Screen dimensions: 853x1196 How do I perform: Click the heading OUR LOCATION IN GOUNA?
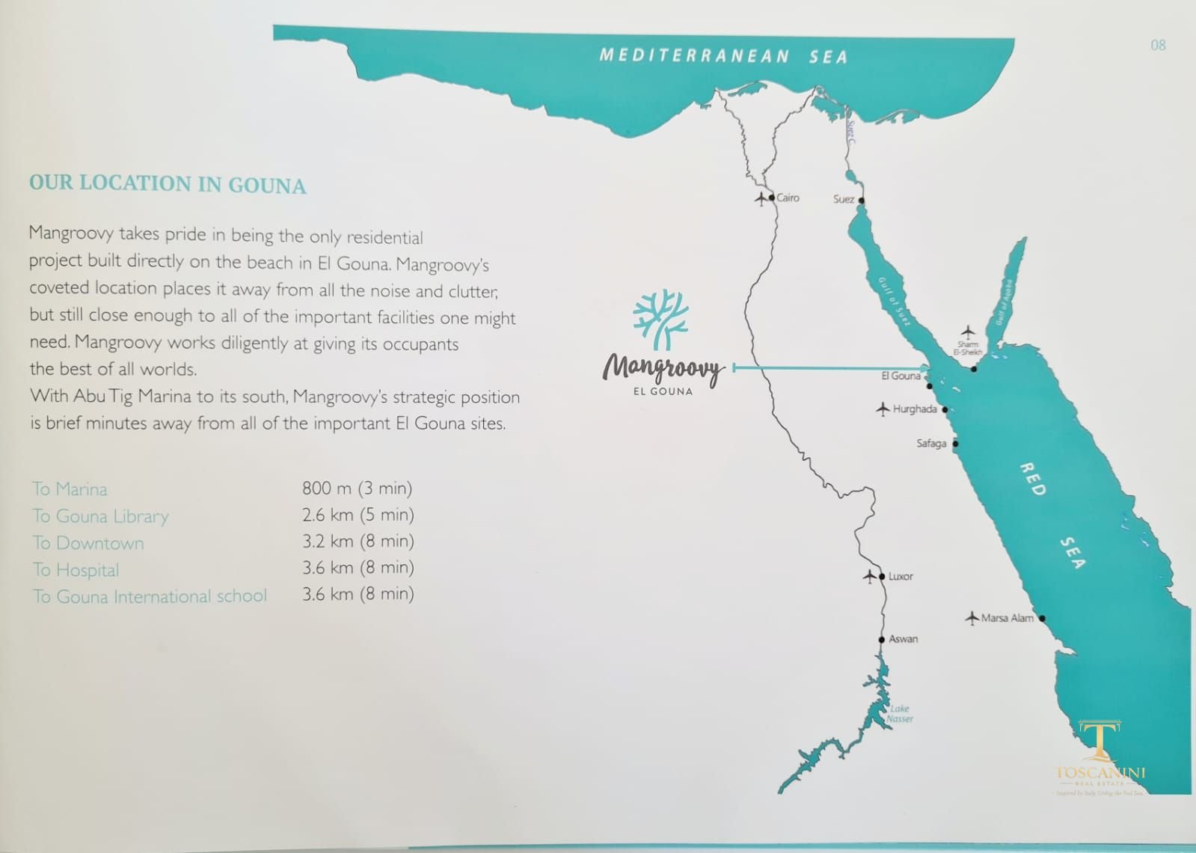click(x=168, y=184)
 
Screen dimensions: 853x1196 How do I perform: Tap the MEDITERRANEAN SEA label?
click(x=723, y=56)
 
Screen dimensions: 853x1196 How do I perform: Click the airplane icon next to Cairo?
click(x=761, y=198)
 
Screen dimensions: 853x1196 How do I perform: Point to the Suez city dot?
click(x=862, y=201)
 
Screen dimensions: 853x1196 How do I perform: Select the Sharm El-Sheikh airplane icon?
click(x=968, y=331)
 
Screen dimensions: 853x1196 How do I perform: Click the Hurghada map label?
click(x=914, y=409)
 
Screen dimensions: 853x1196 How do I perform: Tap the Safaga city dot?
click(x=955, y=444)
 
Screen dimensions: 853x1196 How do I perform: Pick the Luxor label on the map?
click(x=901, y=576)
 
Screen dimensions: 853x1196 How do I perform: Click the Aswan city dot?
click(x=882, y=640)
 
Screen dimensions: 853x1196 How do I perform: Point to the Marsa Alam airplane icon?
click(x=972, y=618)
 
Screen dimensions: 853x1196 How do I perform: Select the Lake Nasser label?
click(x=900, y=714)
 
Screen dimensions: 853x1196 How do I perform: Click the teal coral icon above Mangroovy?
click(x=660, y=320)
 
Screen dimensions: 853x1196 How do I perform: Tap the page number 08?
click(x=1158, y=46)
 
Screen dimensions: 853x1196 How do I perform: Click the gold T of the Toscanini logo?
click(x=1100, y=741)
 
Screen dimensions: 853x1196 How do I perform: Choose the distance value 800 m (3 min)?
click(x=357, y=489)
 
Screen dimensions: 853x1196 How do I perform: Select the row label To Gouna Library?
click(x=100, y=516)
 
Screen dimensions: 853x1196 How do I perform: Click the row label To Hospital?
click(x=76, y=570)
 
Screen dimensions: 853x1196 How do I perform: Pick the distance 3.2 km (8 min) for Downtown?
click(x=358, y=541)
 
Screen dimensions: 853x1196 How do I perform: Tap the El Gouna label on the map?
click(x=901, y=376)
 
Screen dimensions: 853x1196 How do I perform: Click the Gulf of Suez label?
click(x=895, y=302)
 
